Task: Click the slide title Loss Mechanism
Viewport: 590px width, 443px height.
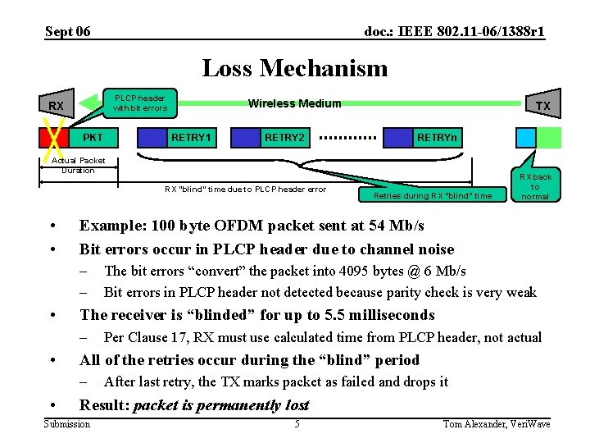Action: click(x=294, y=68)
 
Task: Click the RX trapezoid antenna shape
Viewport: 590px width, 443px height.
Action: click(x=56, y=106)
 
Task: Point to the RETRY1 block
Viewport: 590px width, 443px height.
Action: click(x=190, y=137)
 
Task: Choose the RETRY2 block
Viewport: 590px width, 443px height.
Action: click(x=284, y=137)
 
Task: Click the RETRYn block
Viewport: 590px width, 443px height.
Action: click(x=436, y=137)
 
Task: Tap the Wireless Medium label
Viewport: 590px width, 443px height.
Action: click(x=294, y=103)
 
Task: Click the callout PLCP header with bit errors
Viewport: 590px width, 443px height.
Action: click(x=139, y=103)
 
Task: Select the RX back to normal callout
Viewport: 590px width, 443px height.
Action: click(x=534, y=186)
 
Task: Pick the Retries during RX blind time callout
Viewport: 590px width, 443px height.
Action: click(x=433, y=195)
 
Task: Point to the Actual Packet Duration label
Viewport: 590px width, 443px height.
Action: click(x=79, y=165)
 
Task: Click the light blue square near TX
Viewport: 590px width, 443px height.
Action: click(x=525, y=137)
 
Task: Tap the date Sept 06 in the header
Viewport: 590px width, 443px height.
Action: click(x=68, y=32)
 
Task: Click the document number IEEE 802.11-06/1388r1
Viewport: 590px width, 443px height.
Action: click(x=454, y=32)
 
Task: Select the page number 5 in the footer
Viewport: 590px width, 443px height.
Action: click(x=297, y=423)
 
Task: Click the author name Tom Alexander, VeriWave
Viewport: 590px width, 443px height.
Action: click(x=496, y=423)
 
